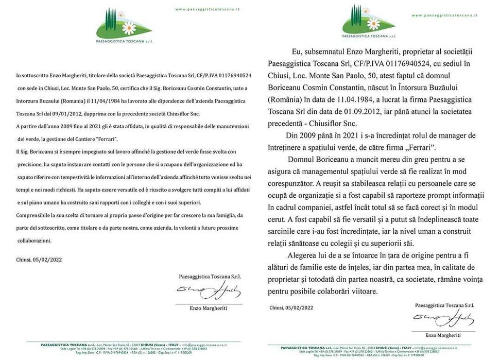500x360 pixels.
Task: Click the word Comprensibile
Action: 34,215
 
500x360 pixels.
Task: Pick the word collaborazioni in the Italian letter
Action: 35,240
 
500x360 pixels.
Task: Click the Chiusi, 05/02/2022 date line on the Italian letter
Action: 39,260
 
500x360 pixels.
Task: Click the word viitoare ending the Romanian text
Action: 361,291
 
